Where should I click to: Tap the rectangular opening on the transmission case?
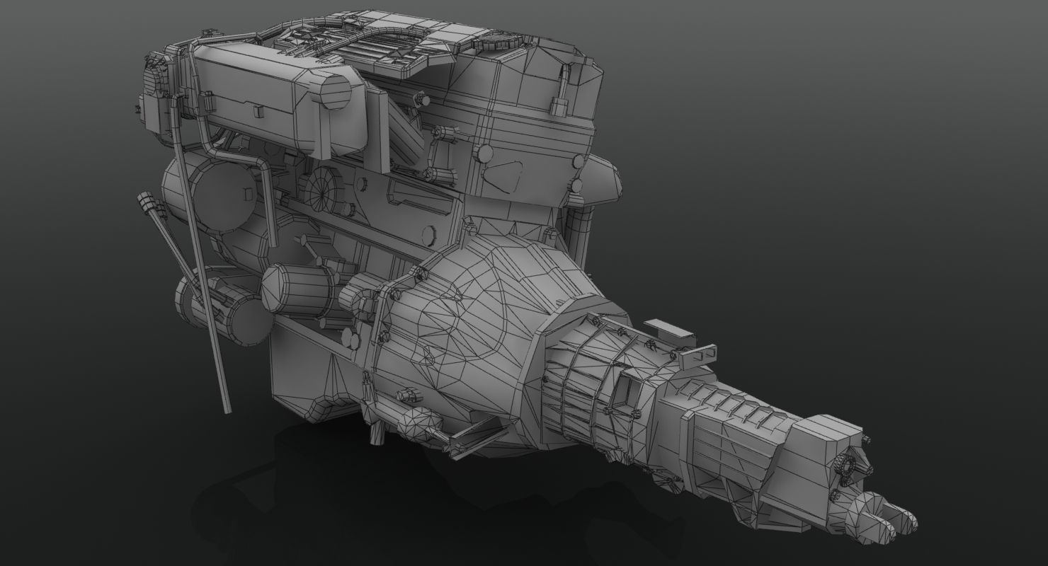click(x=624, y=391)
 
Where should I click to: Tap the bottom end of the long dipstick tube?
click(x=227, y=409)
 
